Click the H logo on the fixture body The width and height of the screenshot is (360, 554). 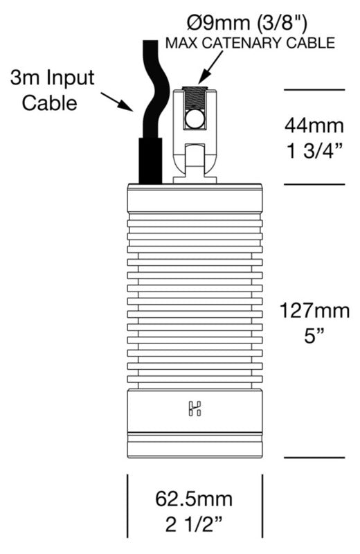pos(195,408)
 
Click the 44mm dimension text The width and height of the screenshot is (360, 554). pos(314,125)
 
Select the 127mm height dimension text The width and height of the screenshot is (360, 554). pos(314,311)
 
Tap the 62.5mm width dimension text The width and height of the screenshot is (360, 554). pos(194,499)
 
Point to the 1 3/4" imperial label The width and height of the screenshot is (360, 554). pos(314,151)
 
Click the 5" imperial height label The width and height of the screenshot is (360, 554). pos(314,336)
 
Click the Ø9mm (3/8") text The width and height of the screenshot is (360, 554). pos(247,24)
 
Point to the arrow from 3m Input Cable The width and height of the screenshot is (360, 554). pos(117,102)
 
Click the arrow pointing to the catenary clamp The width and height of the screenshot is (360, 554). pos(211,67)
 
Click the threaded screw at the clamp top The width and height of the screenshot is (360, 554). pos(195,97)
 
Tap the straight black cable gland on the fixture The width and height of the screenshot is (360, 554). pos(150,161)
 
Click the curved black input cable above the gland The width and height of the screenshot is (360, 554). pos(152,89)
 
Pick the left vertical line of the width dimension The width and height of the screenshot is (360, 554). pos(127,506)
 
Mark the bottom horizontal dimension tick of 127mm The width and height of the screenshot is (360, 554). pos(314,458)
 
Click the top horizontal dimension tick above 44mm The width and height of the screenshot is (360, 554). pos(314,90)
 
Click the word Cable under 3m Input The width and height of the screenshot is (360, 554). pos(49,102)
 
